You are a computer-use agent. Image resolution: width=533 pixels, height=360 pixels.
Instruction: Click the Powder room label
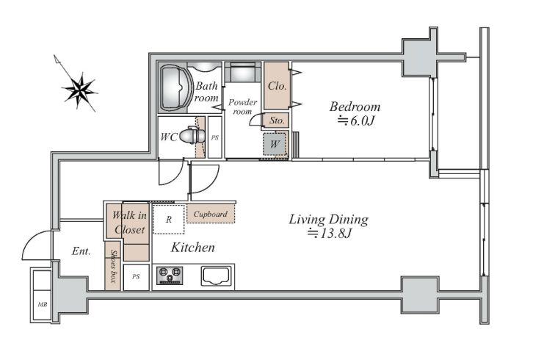242,107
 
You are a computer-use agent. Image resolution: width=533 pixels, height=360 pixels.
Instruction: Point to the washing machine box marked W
275,144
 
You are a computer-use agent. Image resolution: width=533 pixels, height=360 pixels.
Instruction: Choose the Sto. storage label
277,120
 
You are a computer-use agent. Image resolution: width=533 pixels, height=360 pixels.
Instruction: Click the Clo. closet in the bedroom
277,86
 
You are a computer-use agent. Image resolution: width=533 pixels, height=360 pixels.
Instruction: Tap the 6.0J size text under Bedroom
355,120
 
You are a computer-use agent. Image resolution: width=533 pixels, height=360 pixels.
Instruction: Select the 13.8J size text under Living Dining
329,233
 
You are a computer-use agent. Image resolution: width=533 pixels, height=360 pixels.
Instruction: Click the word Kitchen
193,248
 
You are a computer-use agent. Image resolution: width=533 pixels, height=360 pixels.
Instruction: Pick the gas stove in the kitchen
170,276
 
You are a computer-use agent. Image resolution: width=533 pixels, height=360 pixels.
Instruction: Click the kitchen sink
216,276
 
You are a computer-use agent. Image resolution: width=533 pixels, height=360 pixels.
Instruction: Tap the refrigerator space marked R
169,219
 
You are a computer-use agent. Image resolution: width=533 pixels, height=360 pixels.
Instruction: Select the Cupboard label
211,214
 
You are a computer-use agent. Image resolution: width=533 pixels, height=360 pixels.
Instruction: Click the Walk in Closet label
129,222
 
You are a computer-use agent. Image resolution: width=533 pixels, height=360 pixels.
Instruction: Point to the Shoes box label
113,267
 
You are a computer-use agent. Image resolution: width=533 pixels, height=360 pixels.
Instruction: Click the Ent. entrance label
81,251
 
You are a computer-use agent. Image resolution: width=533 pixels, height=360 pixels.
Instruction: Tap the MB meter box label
43,305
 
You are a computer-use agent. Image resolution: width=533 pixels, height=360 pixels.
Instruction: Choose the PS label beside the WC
215,138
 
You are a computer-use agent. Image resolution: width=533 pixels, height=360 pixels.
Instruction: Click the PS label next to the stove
136,277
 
